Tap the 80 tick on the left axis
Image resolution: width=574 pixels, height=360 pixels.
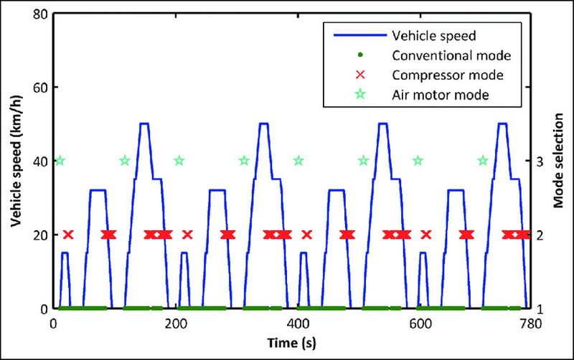point(39,14)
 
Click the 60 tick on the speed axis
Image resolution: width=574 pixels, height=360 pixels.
point(39,87)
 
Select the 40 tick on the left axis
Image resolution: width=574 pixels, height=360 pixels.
point(39,161)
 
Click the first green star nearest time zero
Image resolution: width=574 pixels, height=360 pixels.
point(60,161)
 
